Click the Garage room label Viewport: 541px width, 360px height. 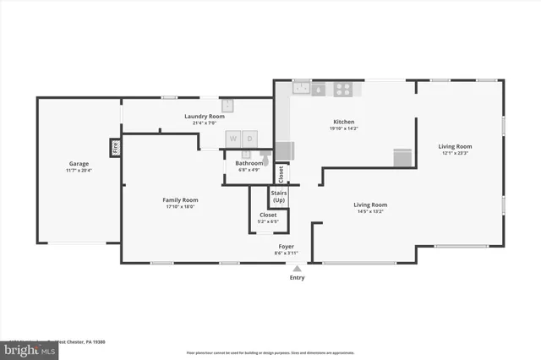(x=79, y=164)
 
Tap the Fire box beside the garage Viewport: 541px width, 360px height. (x=115, y=149)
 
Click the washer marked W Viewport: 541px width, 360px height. (x=233, y=138)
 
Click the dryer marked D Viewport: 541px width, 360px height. (x=250, y=138)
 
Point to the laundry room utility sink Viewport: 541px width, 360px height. (x=227, y=106)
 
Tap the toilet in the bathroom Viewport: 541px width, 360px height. (x=265, y=155)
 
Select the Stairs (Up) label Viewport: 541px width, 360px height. (x=278, y=196)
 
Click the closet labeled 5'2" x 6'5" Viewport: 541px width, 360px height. (x=268, y=218)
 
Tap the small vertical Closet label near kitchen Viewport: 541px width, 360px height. (x=281, y=173)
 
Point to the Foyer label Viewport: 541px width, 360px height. (x=286, y=247)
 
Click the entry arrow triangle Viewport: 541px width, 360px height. (x=297, y=268)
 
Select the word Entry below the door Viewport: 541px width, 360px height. (x=297, y=277)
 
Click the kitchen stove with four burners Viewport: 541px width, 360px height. (x=344, y=87)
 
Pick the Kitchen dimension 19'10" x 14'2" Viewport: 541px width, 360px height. (x=343, y=128)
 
